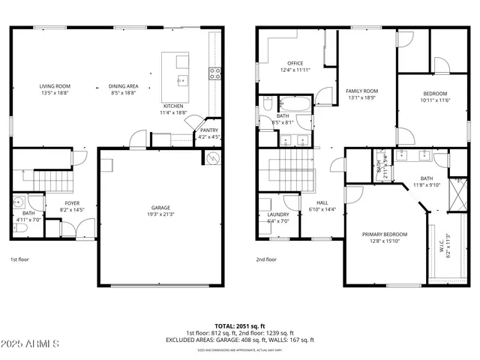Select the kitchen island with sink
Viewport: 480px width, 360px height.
click(180, 79)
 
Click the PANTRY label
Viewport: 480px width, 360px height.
click(209, 130)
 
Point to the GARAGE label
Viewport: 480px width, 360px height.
click(160, 208)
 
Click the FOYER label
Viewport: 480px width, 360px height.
click(72, 203)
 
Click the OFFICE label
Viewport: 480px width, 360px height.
click(294, 63)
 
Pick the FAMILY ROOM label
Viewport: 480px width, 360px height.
click(361, 90)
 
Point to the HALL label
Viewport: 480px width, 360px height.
click(322, 202)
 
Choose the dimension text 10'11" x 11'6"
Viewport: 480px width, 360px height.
click(436, 99)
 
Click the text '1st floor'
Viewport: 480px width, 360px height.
click(19, 259)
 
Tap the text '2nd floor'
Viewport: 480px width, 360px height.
click(266, 259)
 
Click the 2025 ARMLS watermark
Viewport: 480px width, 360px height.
click(31, 345)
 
